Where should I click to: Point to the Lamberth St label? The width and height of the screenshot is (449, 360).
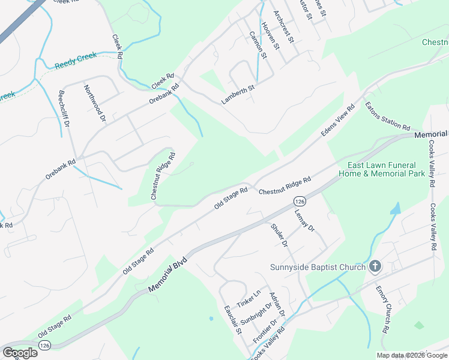(x=238, y=95)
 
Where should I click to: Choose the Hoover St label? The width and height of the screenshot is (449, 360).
(x=272, y=37)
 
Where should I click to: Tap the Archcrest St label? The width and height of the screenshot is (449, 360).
(x=283, y=27)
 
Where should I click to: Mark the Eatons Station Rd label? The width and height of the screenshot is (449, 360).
(x=387, y=116)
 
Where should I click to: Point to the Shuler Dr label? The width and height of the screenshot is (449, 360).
(x=280, y=235)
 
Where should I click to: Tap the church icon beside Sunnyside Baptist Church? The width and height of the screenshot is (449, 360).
(x=375, y=266)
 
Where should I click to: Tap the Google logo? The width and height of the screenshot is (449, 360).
(x=20, y=353)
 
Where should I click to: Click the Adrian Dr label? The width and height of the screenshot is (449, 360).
(x=277, y=304)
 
